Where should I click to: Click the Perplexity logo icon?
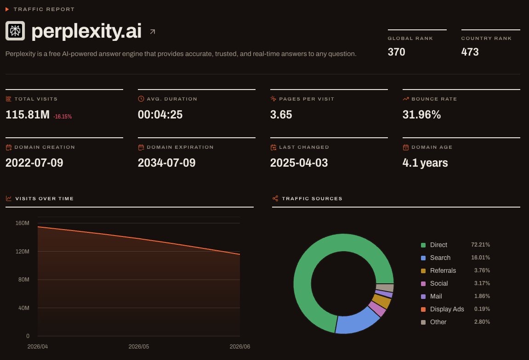pos(15,31)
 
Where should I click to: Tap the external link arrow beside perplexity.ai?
pos(153,32)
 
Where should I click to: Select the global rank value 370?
pos(397,52)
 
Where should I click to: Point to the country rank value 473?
pos(470,52)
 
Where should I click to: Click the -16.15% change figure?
pos(63,117)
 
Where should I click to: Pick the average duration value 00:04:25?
pos(160,115)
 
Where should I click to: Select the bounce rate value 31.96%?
pos(422,115)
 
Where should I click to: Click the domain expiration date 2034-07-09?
pos(167,163)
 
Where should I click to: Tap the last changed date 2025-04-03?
pos(299,163)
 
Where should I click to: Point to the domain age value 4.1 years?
pos(425,163)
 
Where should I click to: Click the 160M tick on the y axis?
pos(22,223)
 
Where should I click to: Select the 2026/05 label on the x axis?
pos(139,347)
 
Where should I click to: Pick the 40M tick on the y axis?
pos(23,308)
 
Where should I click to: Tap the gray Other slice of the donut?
pos(385,288)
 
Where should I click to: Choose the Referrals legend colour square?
pos(423,270)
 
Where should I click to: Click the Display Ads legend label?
pos(447,309)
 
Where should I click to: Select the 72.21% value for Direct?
pos(480,245)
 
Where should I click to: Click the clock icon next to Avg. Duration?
pos(141,99)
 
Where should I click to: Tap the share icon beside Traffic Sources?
pos(275,198)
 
